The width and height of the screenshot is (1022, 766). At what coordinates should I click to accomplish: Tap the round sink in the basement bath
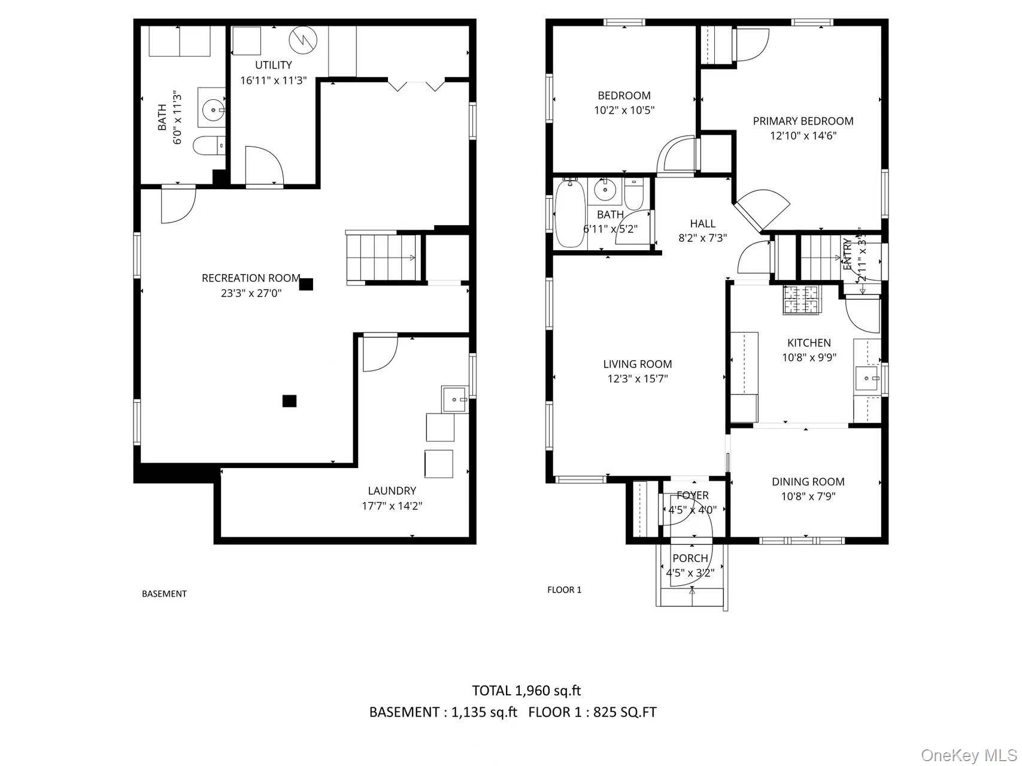click(213, 110)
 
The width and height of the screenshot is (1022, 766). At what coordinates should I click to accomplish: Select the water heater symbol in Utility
click(302, 40)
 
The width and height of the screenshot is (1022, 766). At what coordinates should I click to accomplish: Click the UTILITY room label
click(274, 65)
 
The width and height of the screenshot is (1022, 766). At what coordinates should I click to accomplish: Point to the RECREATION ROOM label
click(251, 278)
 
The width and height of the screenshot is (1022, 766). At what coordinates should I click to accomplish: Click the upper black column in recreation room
click(306, 284)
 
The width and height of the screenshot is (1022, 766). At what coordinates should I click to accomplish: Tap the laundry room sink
click(454, 399)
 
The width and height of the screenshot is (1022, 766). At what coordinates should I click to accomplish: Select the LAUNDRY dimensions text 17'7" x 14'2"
click(392, 506)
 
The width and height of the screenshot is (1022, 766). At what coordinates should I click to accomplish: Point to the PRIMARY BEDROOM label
click(803, 121)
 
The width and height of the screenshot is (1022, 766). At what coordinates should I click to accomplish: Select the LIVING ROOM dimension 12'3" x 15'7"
click(637, 379)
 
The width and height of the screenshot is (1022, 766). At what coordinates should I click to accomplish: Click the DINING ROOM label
click(808, 482)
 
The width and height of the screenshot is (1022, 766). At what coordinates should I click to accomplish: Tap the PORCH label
click(690, 558)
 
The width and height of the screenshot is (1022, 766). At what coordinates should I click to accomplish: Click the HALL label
click(702, 224)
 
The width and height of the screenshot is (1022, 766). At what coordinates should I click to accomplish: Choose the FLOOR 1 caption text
click(564, 590)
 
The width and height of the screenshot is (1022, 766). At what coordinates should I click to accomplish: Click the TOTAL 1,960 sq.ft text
click(526, 691)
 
